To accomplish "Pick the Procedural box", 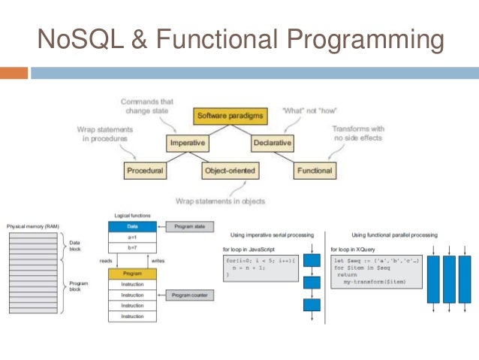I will (x=144, y=171).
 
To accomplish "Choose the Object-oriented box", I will (x=230, y=171).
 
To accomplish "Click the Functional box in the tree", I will (x=314, y=171).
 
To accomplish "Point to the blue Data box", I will (x=132, y=226).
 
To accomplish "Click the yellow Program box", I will (x=132, y=274).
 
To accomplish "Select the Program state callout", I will (x=189, y=226).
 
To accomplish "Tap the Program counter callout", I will (x=188, y=295).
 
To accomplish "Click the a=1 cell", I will (x=132, y=236).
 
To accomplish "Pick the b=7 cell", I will (x=132, y=247).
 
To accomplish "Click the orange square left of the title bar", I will (x=14, y=73).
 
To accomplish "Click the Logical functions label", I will (x=132, y=215).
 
